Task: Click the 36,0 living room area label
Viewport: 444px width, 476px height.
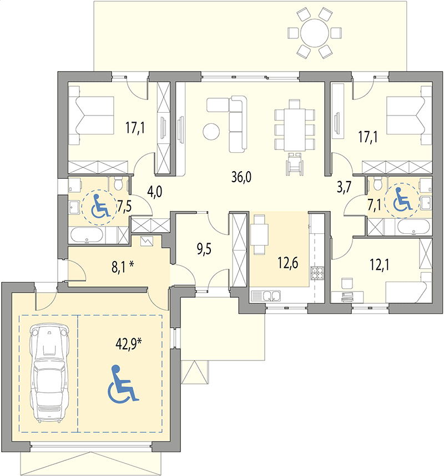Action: (x=241, y=177)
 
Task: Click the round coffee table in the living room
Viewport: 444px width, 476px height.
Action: (x=211, y=132)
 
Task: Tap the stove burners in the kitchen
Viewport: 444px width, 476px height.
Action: (x=317, y=273)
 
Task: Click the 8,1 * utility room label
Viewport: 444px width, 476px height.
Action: (x=122, y=265)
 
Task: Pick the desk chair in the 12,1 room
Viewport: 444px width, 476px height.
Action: (x=348, y=283)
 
